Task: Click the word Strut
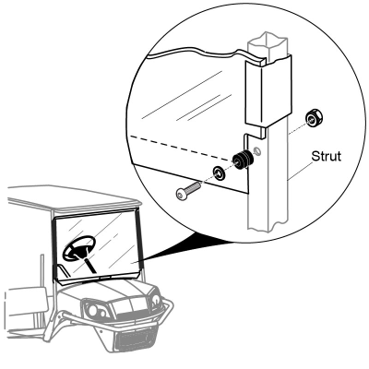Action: pyautogui.click(x=327, y=156)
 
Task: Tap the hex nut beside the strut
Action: pyautogui.click(x=313, y=118)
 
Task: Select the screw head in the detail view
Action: pyautogui.click(x=181, y=194)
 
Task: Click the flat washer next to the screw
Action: pyautogui.click(x=219, y=173)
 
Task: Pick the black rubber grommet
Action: pyautogui.click(x=243, y=160)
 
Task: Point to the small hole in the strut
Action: pyautogui.click(x=257, y=150)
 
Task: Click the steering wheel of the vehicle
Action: pyautogui.click(x=79, y=248)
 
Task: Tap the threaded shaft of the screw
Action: pyautogui.click(x=193, y=186)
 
